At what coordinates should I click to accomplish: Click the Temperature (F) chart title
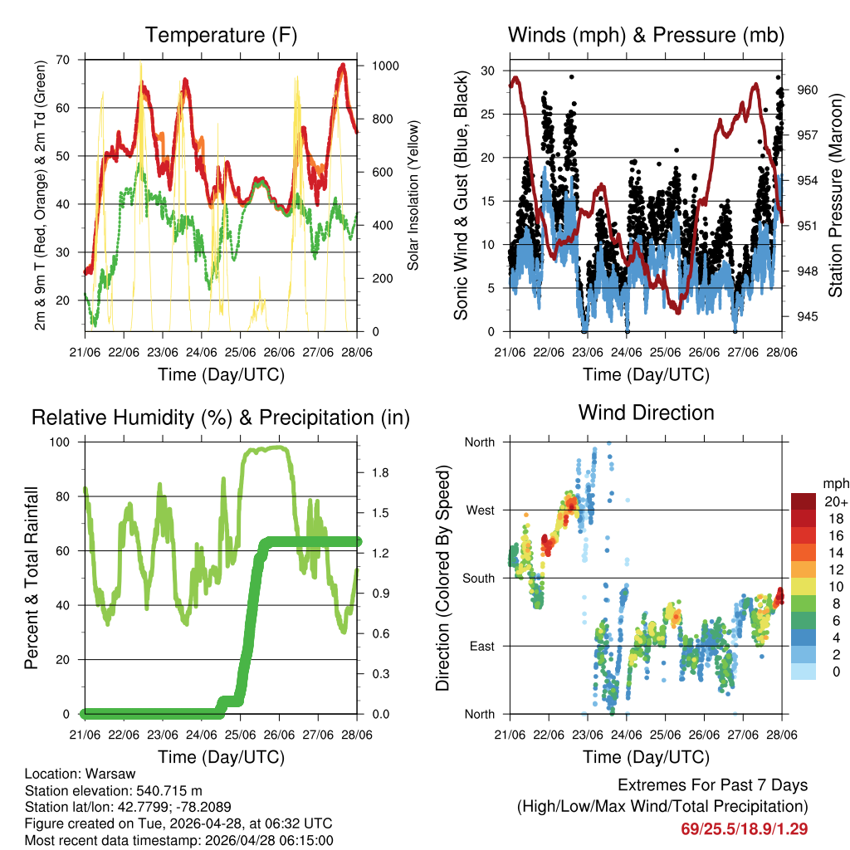pyautogui.click(x=221, y=35)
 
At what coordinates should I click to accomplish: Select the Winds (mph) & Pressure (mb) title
pyautogui.click(x=646, y=35)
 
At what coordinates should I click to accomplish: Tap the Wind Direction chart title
pyautogui.click(x=646, y=413)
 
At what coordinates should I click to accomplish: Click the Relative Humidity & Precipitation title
pyautogui.click(x=221, y=418)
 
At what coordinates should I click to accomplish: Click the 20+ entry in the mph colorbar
pyautogui.click(x=836, y=501)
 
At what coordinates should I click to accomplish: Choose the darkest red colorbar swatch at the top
pyautogui.click(x=804, y=501)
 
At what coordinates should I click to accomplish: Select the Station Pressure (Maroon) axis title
pyautogui.click(x=836, y=199)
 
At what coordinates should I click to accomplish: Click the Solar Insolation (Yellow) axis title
pyautogui.click(x=413, y=195)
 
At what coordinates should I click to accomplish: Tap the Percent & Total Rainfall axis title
pyautogui.click(x=31, y=578)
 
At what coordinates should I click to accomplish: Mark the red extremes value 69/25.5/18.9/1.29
pyautogui.click(x=745, y=828)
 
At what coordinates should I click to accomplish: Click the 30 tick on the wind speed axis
pyautogui.click(x=488, y=71)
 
